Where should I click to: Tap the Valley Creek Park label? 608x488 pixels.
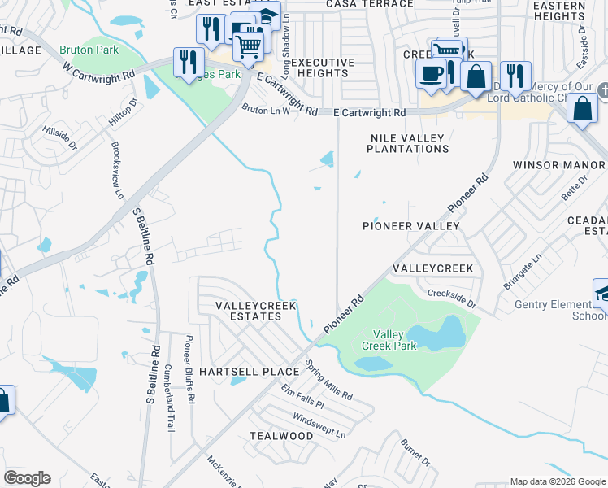click(394, 341)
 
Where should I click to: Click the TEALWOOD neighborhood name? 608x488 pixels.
click(282, 436)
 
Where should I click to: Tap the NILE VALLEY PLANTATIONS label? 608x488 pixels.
click(407, 144)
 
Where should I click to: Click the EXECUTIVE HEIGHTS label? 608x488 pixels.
click(323, 68)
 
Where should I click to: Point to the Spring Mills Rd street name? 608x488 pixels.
click(328, 381)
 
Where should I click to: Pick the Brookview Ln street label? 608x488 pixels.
click(116, 172)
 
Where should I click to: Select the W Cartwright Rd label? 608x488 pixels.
click(98, 75)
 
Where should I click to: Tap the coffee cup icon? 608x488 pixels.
click(430, 72)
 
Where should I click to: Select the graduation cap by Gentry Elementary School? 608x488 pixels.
click(602, 292)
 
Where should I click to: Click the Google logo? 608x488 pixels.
click(27, 478)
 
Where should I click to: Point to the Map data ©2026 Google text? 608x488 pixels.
click(557, 481)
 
